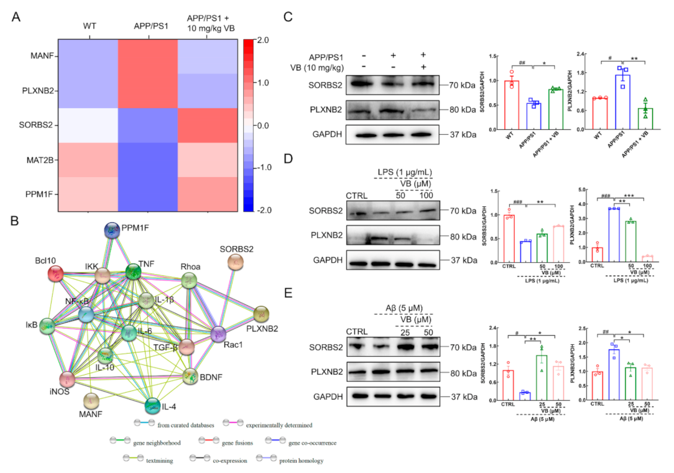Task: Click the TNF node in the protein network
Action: (x=133, y=271)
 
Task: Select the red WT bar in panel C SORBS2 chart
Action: (x=511, y=106)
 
